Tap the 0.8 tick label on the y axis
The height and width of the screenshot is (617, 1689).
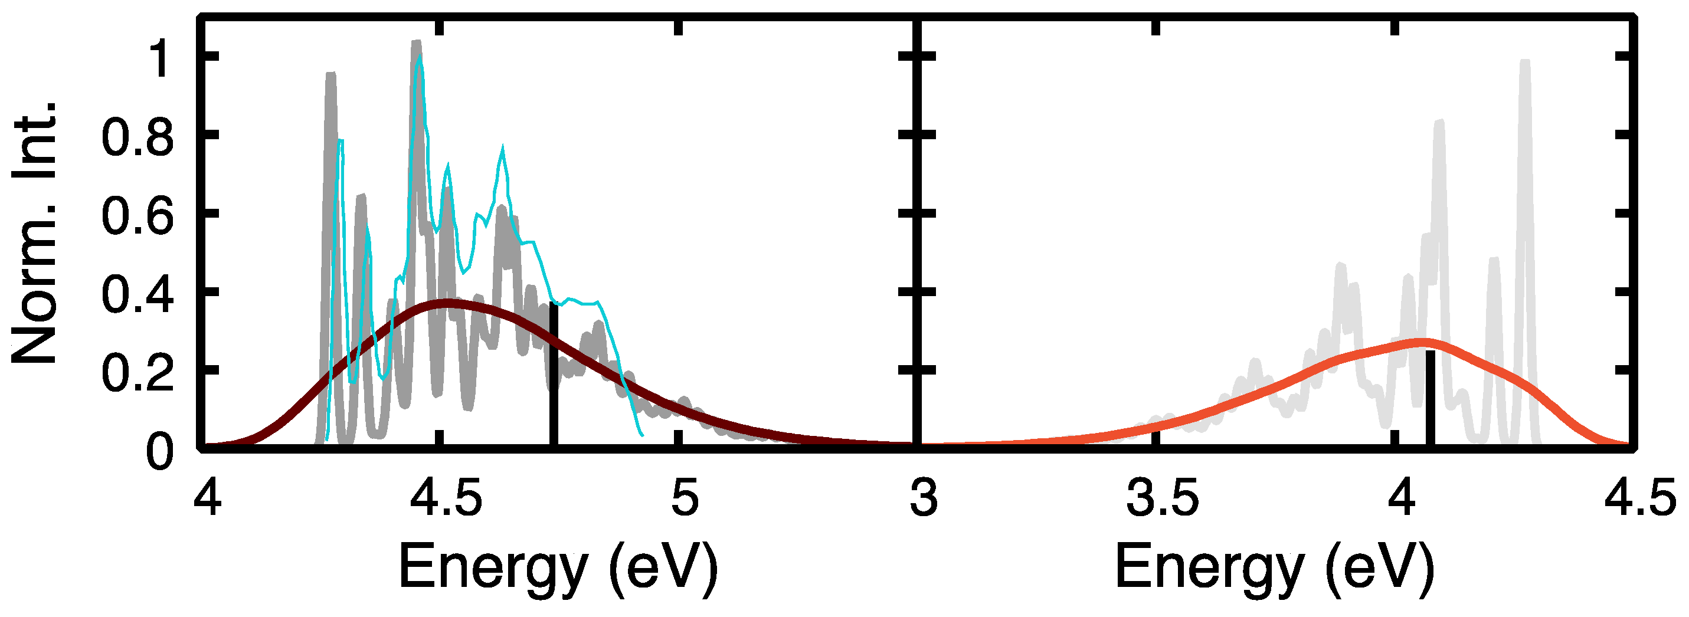(x=138, y=137)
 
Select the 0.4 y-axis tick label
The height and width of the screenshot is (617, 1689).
(x=138, y=294)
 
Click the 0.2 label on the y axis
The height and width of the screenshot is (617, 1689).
(x=138, y=373)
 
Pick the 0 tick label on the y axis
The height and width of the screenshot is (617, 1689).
(x=159, y=452)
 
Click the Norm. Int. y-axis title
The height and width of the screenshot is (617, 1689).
(x=34, y=233)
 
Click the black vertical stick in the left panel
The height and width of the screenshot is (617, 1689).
(x=554, y=374)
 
